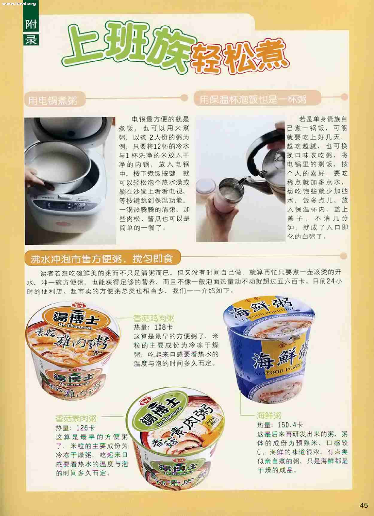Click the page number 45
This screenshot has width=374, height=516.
tap(364, 505)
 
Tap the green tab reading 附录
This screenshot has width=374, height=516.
tap(31, 31)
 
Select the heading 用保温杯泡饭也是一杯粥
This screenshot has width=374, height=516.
tap(253, 99)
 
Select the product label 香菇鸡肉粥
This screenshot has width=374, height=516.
tap(153, 318)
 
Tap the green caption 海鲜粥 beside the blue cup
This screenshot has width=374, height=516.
tap(269, 415)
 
